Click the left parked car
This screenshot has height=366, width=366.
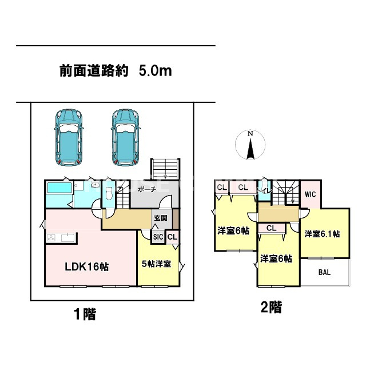click(x=69, y=137)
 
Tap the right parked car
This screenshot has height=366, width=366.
click(x=125, y=137)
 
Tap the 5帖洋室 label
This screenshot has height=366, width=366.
click(x=157, y=264)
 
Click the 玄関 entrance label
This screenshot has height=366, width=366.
click(x=160, y=218)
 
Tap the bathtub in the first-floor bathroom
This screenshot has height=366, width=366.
click(x=58, y=188)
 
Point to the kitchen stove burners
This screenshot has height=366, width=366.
click(x=50, y=238)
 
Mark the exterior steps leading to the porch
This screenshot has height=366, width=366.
click(x=166, y=169)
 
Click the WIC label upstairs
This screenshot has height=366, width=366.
click(x=310, y=194)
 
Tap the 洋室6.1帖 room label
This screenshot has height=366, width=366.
click(x=323, y=234)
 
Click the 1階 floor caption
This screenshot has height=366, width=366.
click(x=84, y=313)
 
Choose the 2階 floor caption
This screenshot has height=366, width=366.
click(x=271, y=308)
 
